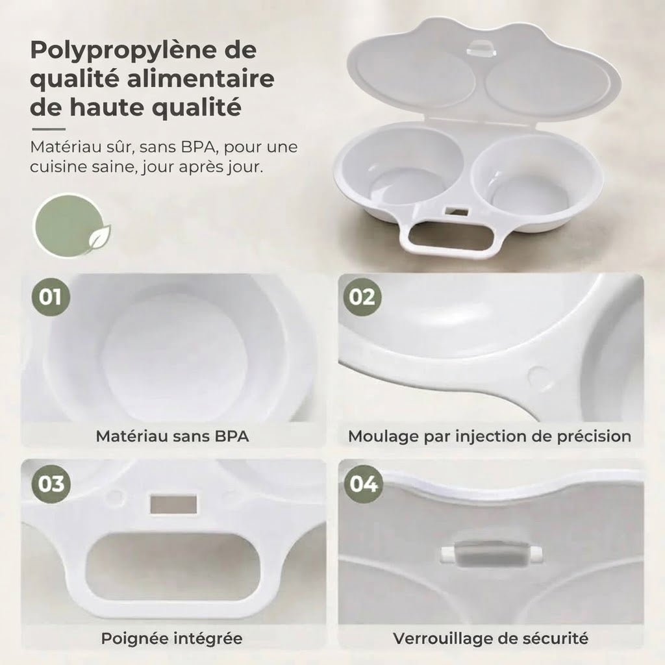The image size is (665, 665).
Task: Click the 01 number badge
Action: [x=51, y=297]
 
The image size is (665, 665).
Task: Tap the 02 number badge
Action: [x=362, y=297]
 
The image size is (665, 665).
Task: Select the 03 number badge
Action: [x=51, y=484]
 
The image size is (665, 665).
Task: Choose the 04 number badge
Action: [x=363, y=484]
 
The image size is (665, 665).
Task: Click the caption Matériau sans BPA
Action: [x=172, y=436]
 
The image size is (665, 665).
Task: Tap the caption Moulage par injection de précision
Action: [x=490, y=436]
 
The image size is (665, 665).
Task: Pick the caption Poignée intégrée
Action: [x=171, y=638]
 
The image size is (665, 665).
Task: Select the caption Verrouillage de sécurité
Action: [x=491, y=638]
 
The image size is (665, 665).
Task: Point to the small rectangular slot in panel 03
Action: [x=173, y=504]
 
